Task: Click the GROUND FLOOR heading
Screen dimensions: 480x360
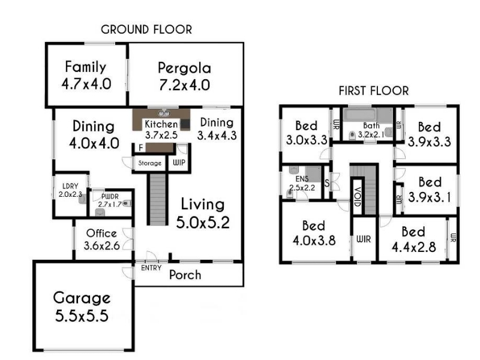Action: (x=146, y=29)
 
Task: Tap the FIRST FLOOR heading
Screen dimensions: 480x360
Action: (x=373, y=91)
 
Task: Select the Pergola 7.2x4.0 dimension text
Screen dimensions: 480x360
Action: (x=184, y=85)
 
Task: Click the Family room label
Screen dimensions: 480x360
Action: (x=86, y=67)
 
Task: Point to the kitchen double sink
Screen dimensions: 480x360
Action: (x=164, y=113)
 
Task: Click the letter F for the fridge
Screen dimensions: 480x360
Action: (x=141, y=148)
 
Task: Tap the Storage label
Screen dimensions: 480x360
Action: (x=149, y=163)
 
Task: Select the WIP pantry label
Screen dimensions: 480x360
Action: (x=179, y=162)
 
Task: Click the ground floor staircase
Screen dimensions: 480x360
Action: (x=158, y=199)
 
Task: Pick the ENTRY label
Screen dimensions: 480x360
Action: (x=151, y=268)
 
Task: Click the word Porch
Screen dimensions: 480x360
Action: (x=185, y=275)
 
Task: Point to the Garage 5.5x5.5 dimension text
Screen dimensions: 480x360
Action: (x=82, y=316)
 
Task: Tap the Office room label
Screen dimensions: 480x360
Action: (x=101, y=233)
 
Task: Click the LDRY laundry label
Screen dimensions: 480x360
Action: (x=70, y=186)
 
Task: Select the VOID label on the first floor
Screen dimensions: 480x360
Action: (x=357, y=196)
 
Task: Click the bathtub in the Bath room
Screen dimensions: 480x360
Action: (x=359, y=115)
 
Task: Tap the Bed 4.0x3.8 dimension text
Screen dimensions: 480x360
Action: (x=314, y=241)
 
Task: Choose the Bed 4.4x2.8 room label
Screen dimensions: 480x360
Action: (x=413, y=239)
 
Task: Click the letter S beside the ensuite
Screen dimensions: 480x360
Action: (x=327, y=184)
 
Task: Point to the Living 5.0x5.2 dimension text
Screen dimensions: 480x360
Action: (x=203, y=223)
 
